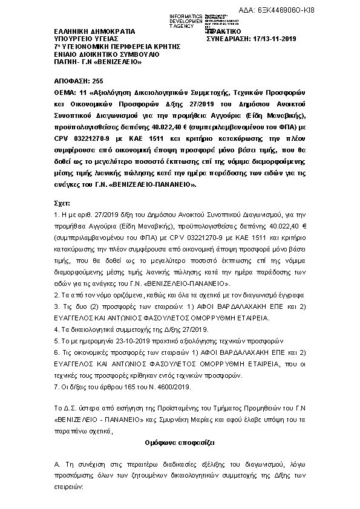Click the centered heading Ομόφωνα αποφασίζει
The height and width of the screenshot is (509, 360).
[x=180, y=443]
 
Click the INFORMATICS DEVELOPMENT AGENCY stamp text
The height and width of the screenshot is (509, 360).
[x=171, y=19]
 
